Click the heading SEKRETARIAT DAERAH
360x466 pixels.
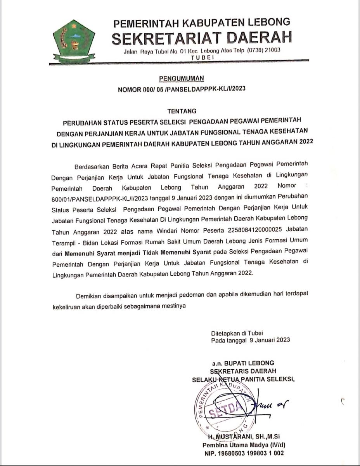[x=202, y=38]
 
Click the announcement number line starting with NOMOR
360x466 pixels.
[x=181, y=89]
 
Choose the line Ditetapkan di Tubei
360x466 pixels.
[x=237, y=333]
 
